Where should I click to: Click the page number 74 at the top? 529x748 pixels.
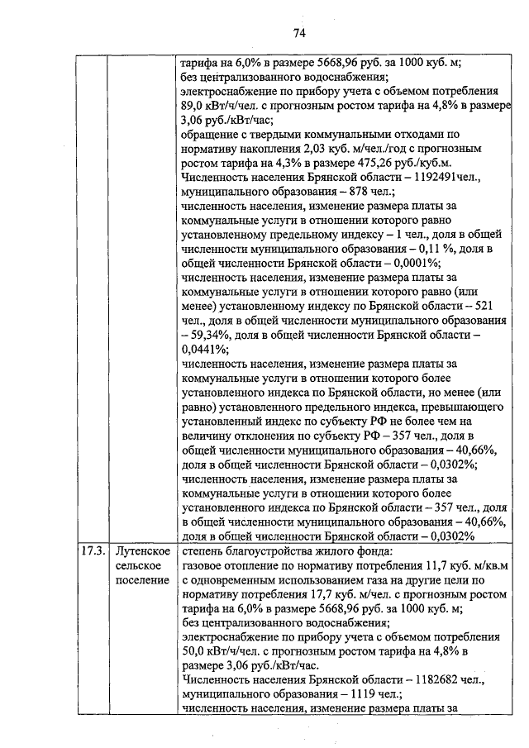tap(299, 32)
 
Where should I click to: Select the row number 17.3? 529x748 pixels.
tap(92, 551)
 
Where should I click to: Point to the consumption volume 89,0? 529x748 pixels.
tap(195, 105)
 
